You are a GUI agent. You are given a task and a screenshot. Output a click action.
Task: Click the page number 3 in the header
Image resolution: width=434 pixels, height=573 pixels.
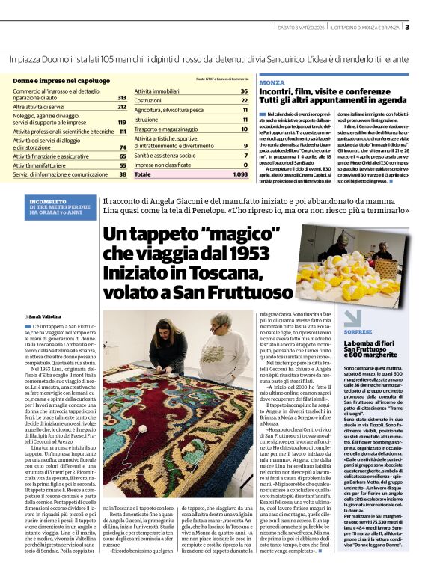[x=406, y=28]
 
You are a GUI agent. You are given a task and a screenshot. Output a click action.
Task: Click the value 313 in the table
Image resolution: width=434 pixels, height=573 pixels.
[x=122, y=98]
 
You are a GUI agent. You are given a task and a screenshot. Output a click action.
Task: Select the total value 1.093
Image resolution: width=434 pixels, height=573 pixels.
[x=239, y=174]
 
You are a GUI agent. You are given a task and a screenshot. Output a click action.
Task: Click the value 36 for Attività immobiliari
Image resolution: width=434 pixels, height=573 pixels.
[x=244, y=91]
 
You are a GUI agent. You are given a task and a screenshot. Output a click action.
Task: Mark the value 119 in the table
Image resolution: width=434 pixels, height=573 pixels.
[x=122, y=123]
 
